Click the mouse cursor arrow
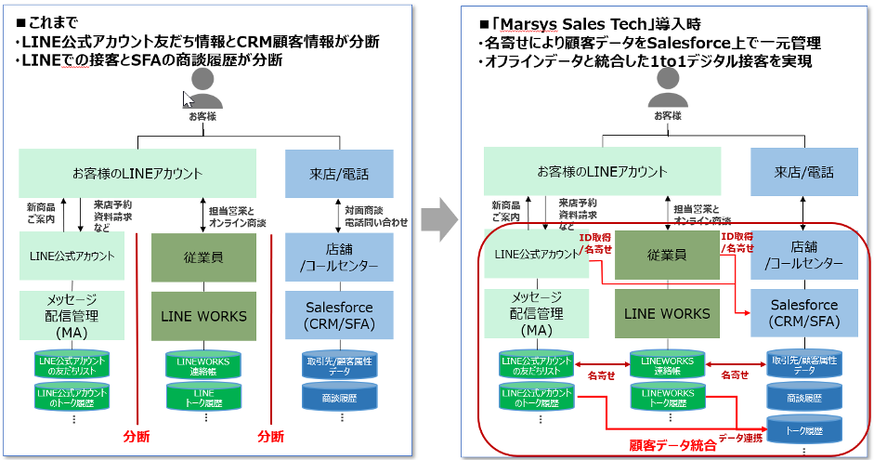coord(188,99)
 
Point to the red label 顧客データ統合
coord(672,445)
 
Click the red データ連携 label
coord(740,437)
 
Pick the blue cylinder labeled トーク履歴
coord(804,430)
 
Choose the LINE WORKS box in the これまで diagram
coord(203,316)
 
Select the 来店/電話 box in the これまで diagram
coord(339,173)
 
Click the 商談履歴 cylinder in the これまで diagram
coord(339,398)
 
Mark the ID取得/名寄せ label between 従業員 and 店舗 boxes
coord(737,243)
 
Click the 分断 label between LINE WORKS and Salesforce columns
coord(270,437)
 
